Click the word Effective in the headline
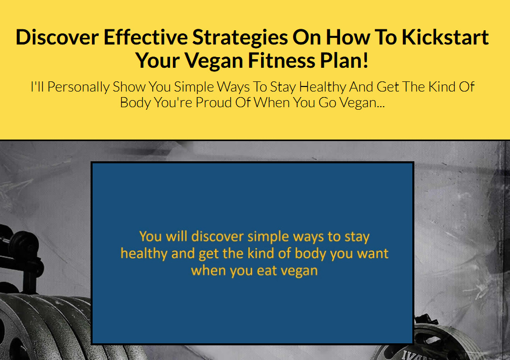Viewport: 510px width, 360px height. pyautogui.click(x=145, y=37)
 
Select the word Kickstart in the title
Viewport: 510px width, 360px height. pyautogui.click(x=445, y=37)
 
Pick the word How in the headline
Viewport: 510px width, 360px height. pyautogui.click(x=348, y=37)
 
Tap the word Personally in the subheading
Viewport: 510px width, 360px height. pyautogui.click(x=78, y=87)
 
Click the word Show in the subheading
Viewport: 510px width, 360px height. pyautogui.click(x=129, y=87)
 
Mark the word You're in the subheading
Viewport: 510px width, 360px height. pyautogui.click(x=173, y=103)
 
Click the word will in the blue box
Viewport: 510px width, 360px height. pyautogui.click(x=177, y=236)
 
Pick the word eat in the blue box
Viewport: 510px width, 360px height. pyautogui.click(x=267, y=271)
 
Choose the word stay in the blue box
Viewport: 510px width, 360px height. pyautogui.click(x=357, y=237)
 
